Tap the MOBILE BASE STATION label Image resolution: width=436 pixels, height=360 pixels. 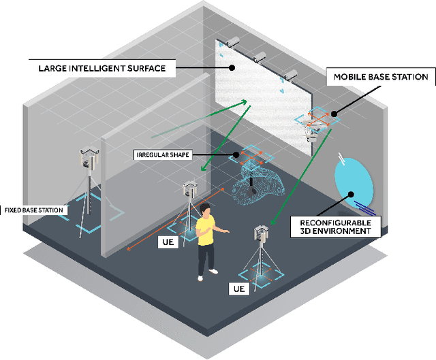click(380, 77)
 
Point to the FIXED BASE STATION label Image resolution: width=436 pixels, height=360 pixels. click(34, 210)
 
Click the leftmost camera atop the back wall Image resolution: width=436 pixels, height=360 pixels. click(232, 42)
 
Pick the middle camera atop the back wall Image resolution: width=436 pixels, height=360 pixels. click(260, 57)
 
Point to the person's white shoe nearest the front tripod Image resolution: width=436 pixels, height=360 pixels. click(214, 272)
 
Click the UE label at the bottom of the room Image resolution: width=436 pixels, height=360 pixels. click(238, 289)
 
